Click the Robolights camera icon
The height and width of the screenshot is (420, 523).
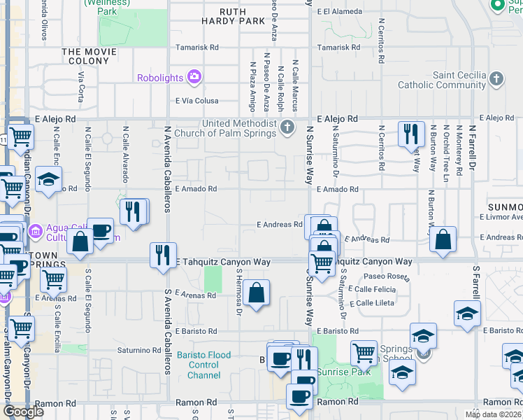(x=194, y=76)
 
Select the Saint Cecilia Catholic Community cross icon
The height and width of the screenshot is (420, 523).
(x=496, y=78)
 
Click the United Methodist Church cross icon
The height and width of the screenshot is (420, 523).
(x=287, y=127)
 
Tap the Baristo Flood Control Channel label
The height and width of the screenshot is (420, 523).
(x=208, y=365)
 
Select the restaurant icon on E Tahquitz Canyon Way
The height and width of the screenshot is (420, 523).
(x=163, y=255)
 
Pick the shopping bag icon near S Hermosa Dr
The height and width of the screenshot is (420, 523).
(x=257, y=294)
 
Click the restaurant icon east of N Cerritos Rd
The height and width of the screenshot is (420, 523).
(x=411, y=134)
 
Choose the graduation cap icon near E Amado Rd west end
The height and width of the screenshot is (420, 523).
(x=49, y=181)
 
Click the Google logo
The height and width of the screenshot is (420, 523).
(x=24, y=412)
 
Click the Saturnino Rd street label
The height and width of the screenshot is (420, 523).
(x=138, y=350)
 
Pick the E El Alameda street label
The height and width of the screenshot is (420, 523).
(x=339, y=12)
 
